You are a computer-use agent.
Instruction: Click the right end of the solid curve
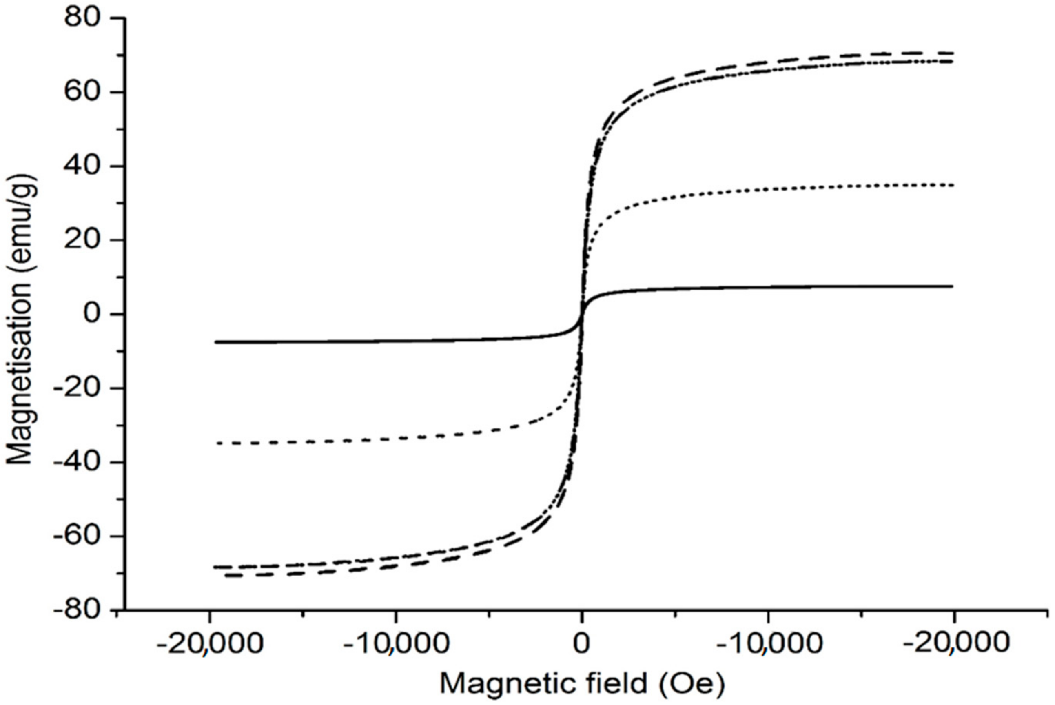tap(952, 286)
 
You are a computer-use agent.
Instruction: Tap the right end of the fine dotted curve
tap(952, 185)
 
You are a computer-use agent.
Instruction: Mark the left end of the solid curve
tap(216, 342)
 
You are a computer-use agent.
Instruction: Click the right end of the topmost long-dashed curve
tap(952, 53)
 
